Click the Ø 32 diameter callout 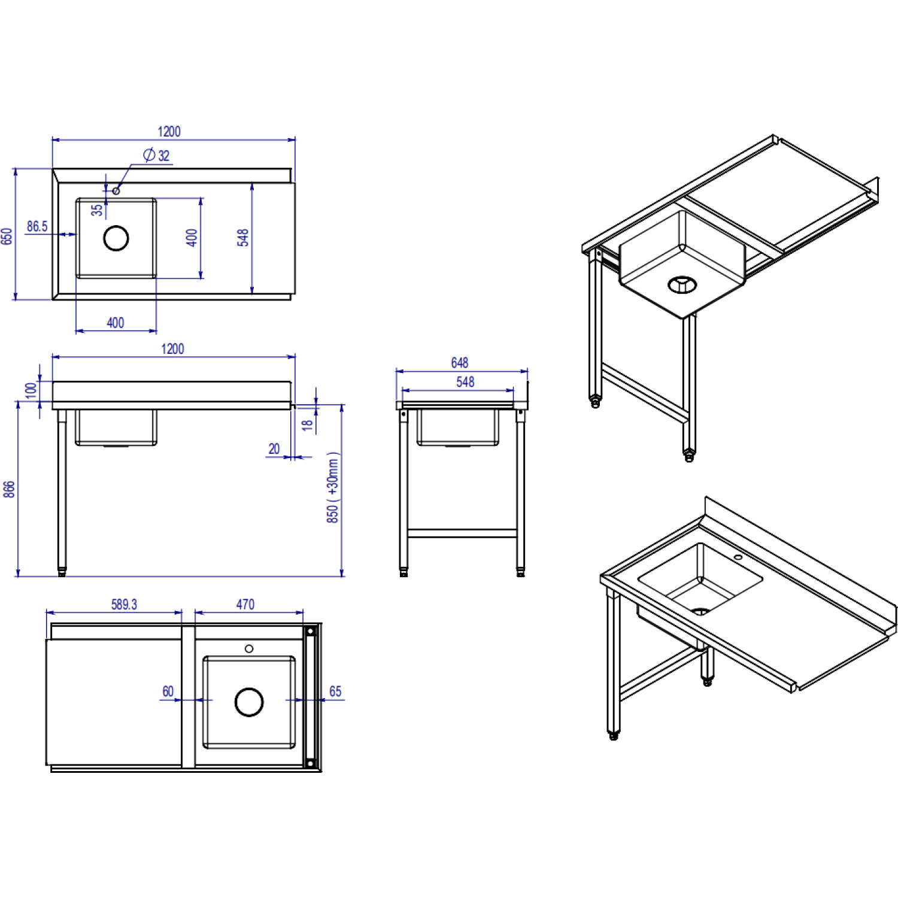point(157,155)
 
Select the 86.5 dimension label point(37,226)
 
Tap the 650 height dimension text point(7,236)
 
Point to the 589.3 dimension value point(124,605)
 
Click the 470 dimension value point(245,605)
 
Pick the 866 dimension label point(9,489)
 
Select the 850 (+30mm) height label point(333,487)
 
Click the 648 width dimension point(460,363)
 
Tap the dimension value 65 point(335,691)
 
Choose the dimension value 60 point(168,691)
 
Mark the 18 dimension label point(307,425)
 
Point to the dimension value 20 point(274,448)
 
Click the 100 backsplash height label point(31,391)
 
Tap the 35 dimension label point(97,210)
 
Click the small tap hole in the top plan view point(116,191)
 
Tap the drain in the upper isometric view point(682,284)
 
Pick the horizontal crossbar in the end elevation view point(462,533)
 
